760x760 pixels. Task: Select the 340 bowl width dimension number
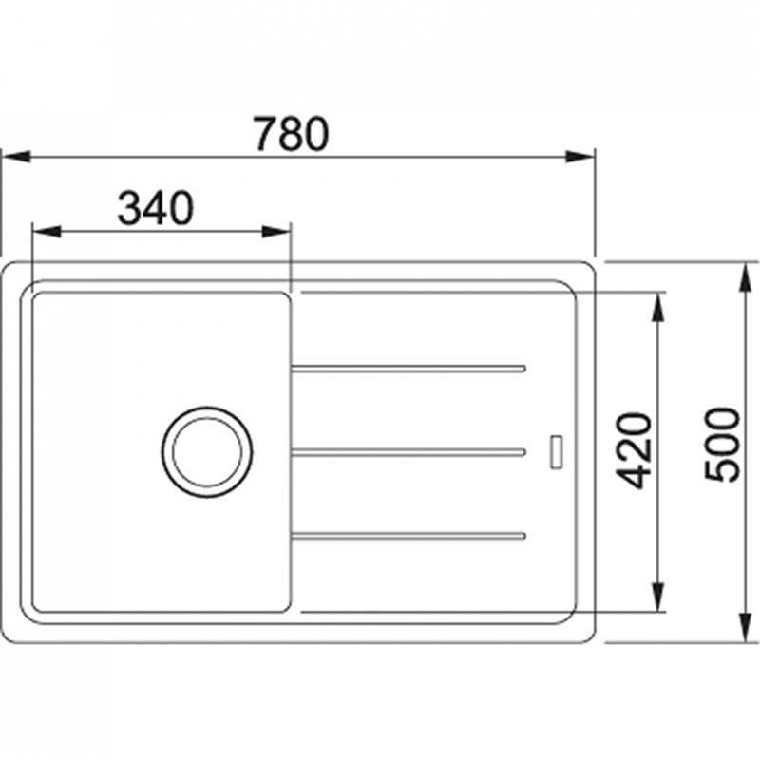tap(155, 208)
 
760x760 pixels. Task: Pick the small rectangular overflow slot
tap(557, 451)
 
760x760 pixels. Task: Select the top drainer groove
tap(408, 368)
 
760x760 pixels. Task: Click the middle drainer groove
tap(408, 451)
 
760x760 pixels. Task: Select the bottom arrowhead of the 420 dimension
tap(655, 597)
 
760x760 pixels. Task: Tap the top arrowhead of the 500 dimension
tap(744, 274)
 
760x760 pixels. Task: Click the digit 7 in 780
tap(266, 134)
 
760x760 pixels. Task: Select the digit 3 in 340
tap(130, 208)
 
